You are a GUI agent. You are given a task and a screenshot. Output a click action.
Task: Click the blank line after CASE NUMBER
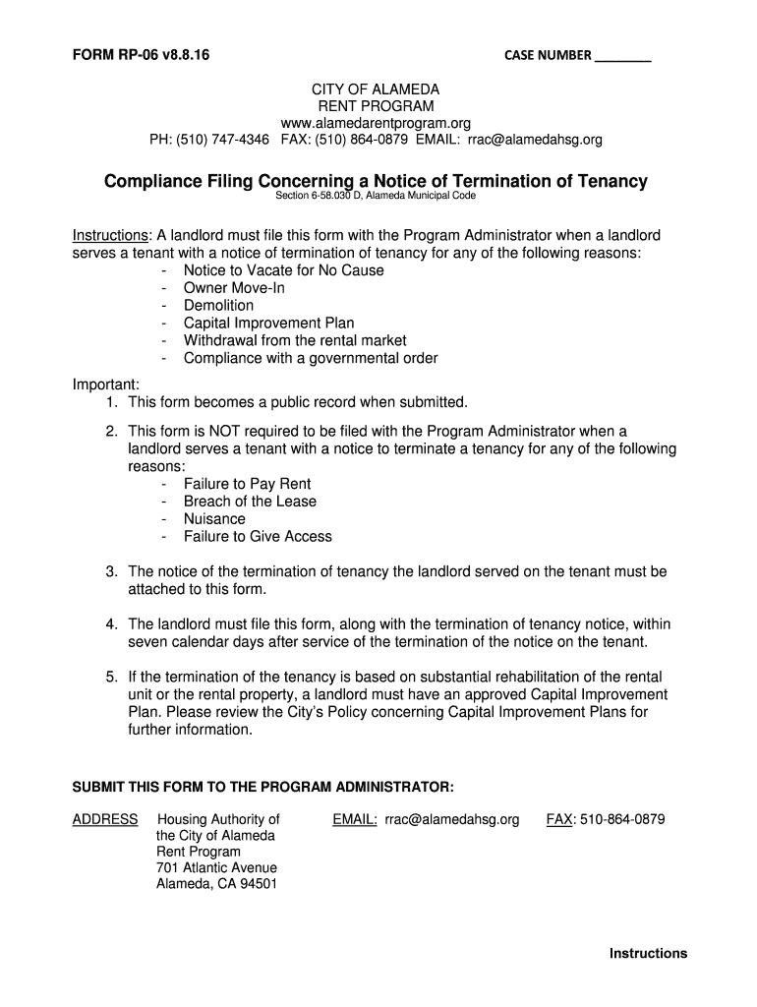[622, 57]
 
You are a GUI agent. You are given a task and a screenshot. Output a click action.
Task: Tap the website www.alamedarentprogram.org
[376, 123]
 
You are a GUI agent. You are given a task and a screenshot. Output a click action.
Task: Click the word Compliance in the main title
[158, 181]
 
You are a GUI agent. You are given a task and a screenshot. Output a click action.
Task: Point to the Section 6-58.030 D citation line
[376, 197]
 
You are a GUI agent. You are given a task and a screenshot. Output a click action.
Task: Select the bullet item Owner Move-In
[234, 288]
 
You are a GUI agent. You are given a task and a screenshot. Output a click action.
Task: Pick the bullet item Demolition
[218, 306]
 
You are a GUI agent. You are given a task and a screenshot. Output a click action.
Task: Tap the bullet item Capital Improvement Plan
[268, 324]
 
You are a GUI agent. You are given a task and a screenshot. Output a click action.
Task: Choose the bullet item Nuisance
[214, 519]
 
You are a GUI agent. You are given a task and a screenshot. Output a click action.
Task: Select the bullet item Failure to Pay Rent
[247, 484]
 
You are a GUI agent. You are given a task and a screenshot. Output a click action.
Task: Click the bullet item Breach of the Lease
[250, 502]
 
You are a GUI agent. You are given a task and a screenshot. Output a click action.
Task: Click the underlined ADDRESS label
[105, 819]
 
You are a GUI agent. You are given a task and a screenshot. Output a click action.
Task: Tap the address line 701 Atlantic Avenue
[216, 867]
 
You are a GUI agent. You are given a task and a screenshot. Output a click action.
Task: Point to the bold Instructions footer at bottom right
[648, 953]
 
